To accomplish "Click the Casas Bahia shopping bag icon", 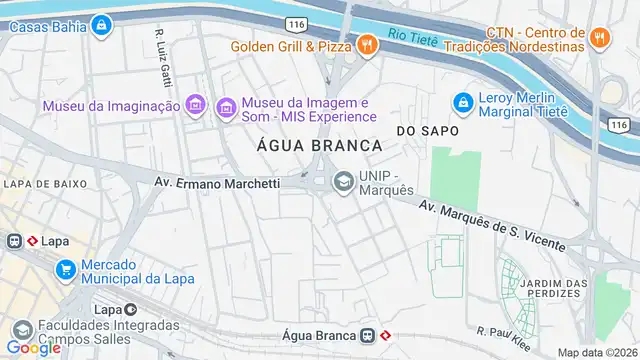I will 100,25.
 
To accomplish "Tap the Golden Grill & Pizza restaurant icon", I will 367,44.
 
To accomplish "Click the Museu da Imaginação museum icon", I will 196,105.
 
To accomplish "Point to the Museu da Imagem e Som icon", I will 226,105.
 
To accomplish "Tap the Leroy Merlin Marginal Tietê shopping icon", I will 462,102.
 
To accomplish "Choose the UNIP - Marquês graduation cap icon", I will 343,181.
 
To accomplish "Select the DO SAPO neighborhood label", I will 427,131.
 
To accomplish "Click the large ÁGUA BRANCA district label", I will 307,145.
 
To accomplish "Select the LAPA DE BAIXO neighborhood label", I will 43,183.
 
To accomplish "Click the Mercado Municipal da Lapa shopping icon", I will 67,269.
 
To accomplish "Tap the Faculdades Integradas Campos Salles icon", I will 21,328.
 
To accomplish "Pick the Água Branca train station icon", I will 368,335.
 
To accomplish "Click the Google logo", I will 33,347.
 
